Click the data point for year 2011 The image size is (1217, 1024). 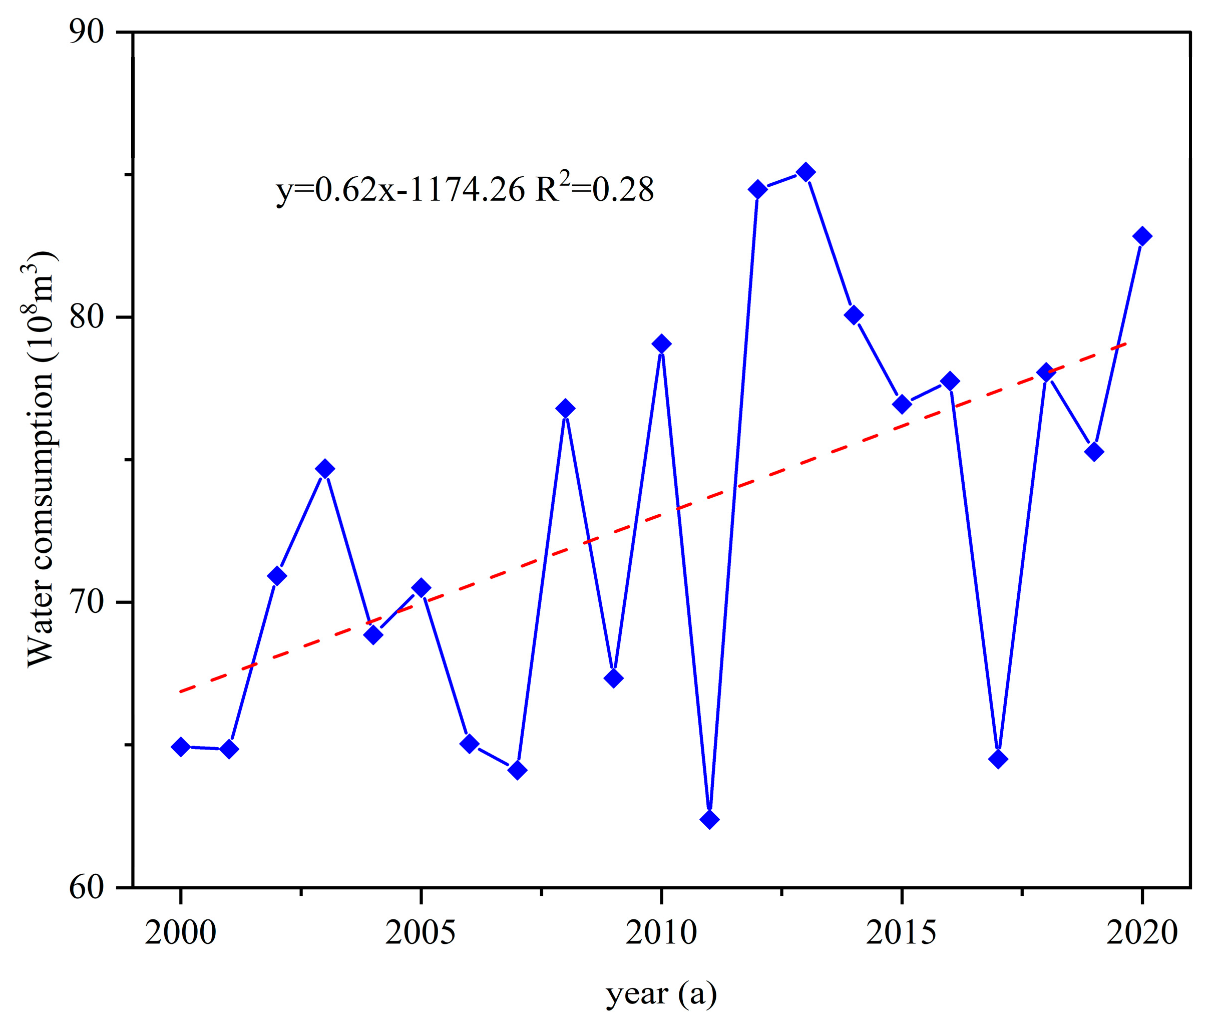(709, 820)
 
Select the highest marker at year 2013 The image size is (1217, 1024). (805, 172)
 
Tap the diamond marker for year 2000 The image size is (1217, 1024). (181, 747)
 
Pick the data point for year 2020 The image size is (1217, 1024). (1142, 236)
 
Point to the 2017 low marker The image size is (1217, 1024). (998, 759)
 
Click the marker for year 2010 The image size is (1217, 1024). (661, 344)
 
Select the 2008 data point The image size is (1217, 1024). (565, 409)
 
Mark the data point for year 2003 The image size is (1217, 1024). (325, 469)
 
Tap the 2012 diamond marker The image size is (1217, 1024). (757, 189)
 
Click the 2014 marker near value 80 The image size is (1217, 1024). (854, 315)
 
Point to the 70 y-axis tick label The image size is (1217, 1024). (87, 602)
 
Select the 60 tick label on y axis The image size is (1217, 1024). (87, 888)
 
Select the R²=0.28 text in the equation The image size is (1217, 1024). (595, 189)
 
